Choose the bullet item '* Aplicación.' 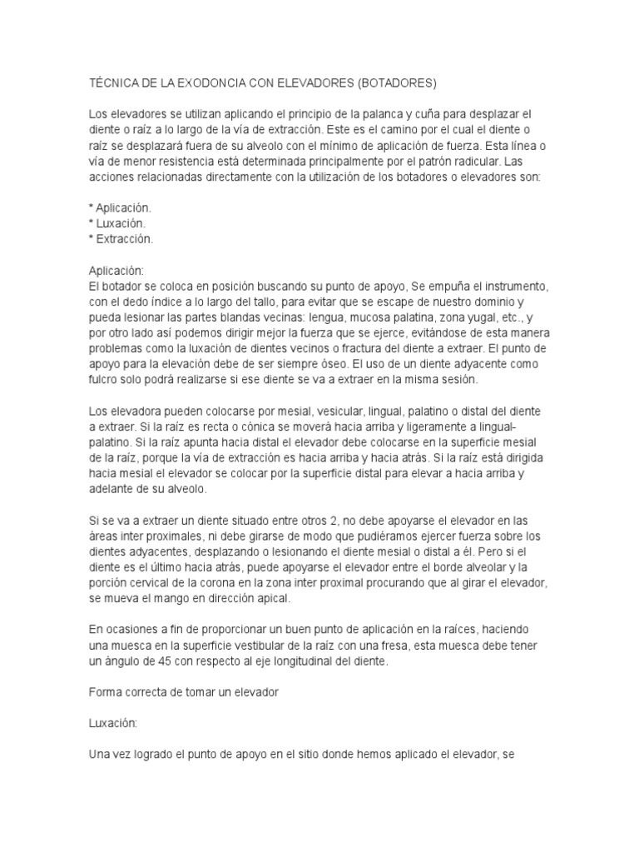[120, 208]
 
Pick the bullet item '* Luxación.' [117, 223]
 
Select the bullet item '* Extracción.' [121, 238]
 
